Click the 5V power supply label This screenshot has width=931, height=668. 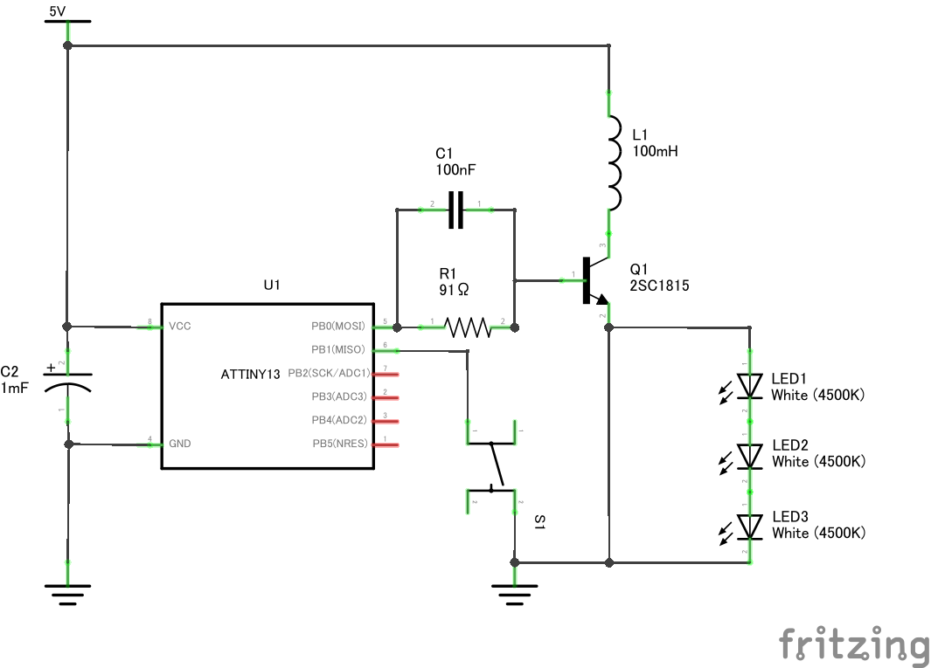click(x=56, y=11)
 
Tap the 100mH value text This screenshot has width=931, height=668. click(x=655, y=151)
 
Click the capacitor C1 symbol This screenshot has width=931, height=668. click(x=455, y=210)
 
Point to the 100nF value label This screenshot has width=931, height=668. click(x=456, y=169)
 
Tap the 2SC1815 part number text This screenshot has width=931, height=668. click(x=659, y=286)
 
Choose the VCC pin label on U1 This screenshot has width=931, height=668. click(x=180, y=327)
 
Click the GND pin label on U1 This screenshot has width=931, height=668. click(x=180, y=444)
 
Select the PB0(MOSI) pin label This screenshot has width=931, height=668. click(x=337, y=327)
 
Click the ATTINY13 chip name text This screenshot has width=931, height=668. click(x=251, y=375)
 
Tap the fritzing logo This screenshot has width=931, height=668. click(x=852, y=645)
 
